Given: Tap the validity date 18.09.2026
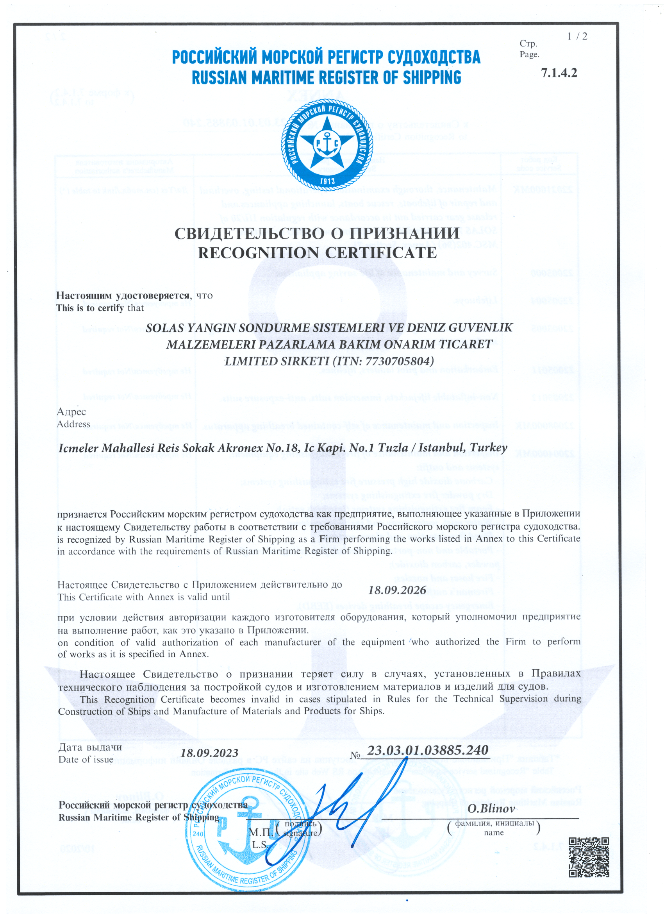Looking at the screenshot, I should (397, 590).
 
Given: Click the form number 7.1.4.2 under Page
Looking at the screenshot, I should (559, 73).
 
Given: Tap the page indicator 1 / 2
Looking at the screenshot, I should (577, 37).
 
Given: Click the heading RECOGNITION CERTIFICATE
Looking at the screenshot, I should (317, 253).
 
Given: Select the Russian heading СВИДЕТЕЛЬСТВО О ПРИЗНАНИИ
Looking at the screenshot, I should (317, 234).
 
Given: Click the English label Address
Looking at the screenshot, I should (73, 424).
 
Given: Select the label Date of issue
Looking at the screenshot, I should (86, 760).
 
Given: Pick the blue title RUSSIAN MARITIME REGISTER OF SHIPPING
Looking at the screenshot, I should (327, 78).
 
